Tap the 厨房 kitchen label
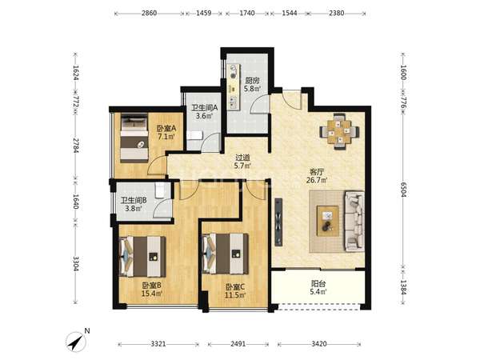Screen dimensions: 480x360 click(253, 81)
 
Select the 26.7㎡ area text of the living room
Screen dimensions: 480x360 click(317, 180)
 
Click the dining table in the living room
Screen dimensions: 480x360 click(339, 132)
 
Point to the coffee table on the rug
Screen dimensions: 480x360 click(328, 221)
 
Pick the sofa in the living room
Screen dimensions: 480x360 click(354, 221)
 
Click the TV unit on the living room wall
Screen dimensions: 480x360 click(278, 222)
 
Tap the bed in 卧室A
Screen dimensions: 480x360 click(134, 138)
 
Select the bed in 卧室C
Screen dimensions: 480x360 click(225, 254)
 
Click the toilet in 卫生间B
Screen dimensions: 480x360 click(160, 190)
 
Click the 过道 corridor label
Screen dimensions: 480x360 click(242, 158)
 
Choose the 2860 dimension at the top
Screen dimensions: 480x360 click(149, 13)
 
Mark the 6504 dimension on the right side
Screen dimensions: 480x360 click(404, 190)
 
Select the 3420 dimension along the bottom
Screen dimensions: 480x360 click(319, 344)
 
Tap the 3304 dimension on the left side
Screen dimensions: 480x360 click(76, 263)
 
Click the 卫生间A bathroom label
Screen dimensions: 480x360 click(205, 108)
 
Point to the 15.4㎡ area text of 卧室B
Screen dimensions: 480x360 click(152, 294)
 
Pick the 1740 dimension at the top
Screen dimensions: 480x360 click(247, 13)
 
